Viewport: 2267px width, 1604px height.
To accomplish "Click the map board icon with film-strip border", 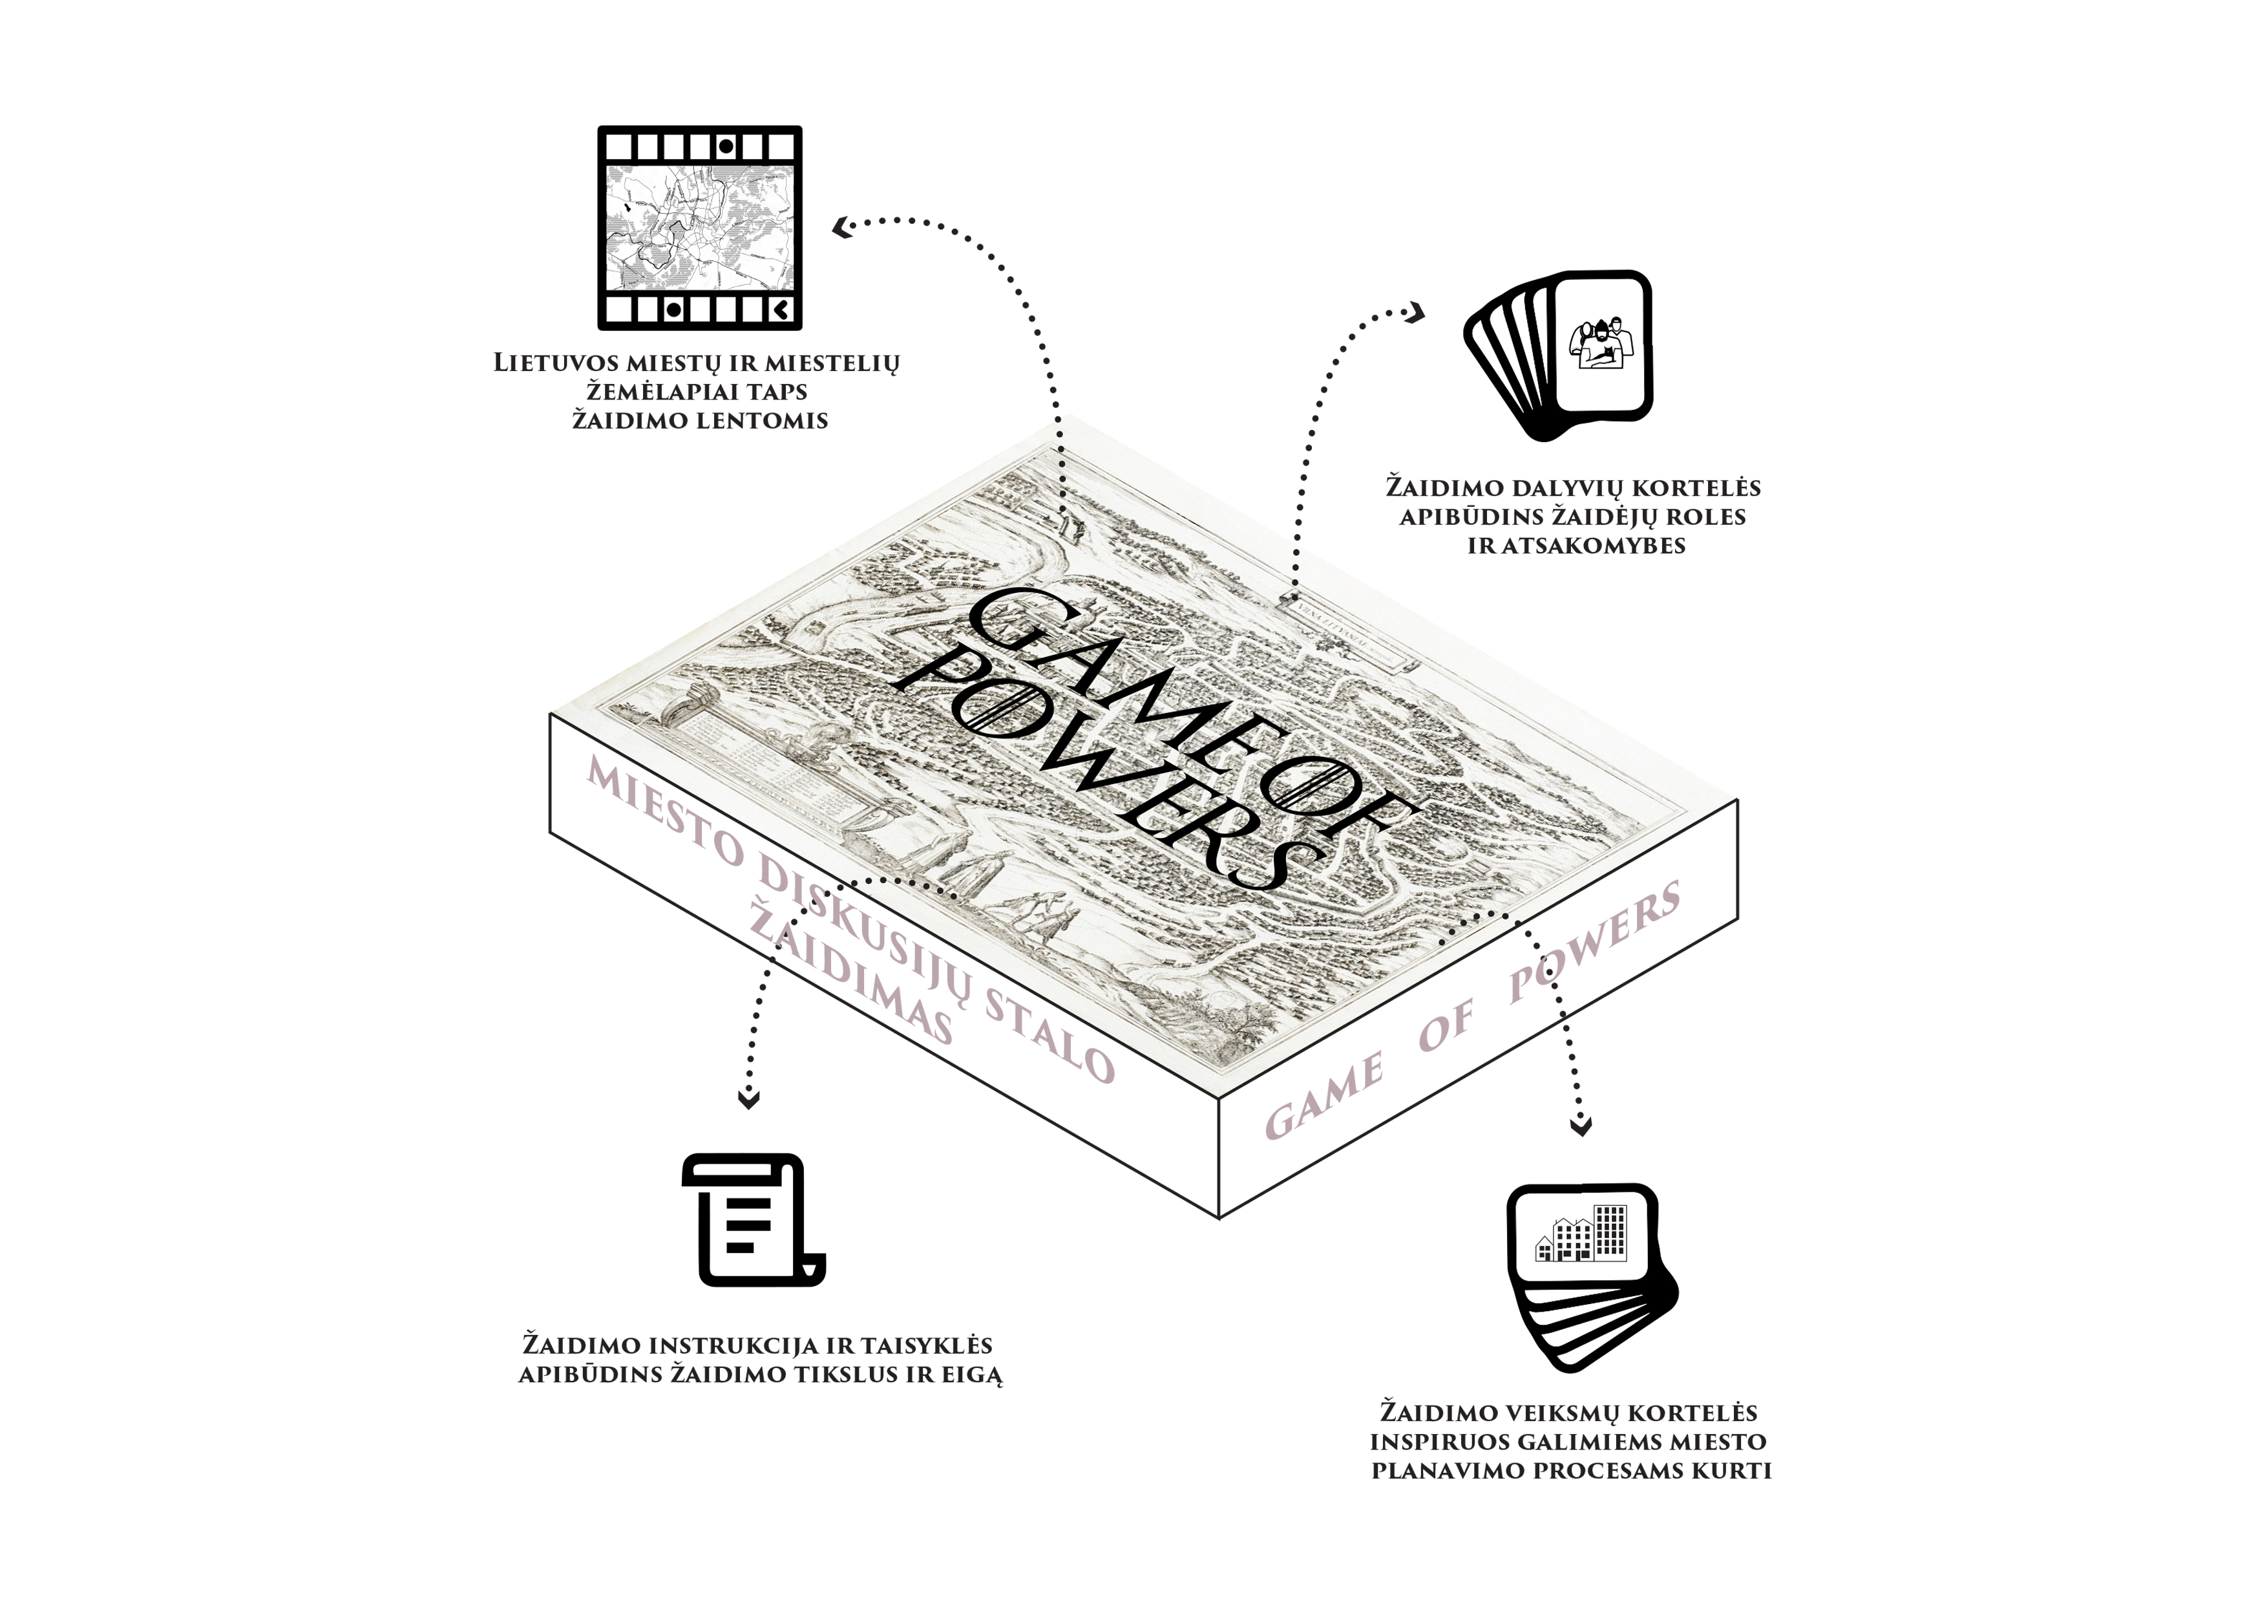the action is tap(699, 227).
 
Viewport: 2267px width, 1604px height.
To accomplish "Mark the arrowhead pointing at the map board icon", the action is tap(842, 229).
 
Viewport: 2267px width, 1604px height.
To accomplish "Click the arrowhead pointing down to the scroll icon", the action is tap(750, 1099).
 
